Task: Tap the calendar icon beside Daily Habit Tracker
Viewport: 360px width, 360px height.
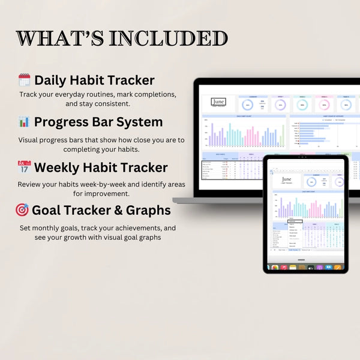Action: click(x=24, y=80)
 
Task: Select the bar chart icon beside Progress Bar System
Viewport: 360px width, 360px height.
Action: click(x=24, y=122)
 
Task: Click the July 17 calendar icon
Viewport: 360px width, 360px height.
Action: click(x=24, y=167)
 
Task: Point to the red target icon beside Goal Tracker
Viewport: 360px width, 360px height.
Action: click(x=22, y=210)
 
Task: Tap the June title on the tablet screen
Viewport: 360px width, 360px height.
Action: click(x=286, y=180)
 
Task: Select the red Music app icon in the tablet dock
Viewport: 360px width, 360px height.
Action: click(x=284, y=267)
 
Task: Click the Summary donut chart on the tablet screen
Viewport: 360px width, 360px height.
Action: click(x=311, y=182)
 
